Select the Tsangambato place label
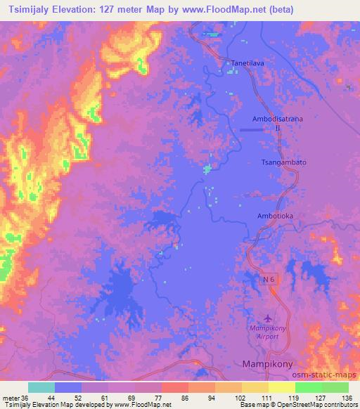coord(284,162)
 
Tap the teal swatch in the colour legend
coord(41,387)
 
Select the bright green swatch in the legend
coord(309,387)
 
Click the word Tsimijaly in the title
coord(30,10)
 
